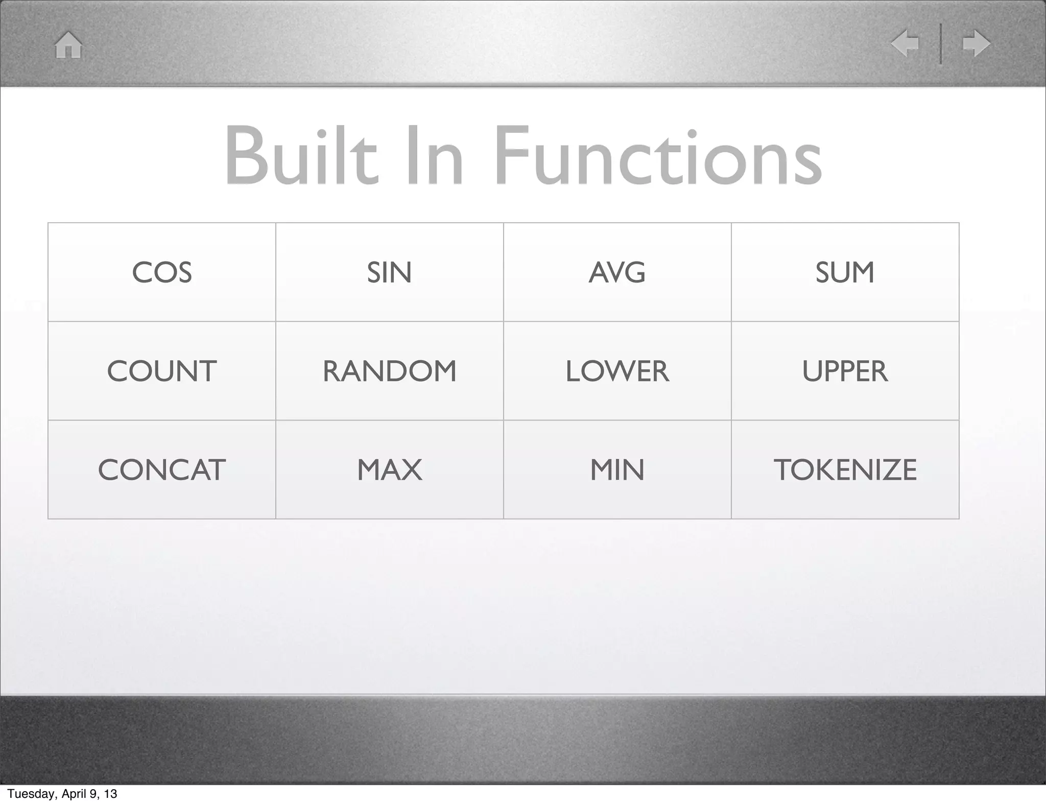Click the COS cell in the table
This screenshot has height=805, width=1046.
point(162,272)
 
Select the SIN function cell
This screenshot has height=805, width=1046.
point(389,272)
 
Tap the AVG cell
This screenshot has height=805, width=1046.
point(617,272)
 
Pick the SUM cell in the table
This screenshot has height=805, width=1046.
point(845,272)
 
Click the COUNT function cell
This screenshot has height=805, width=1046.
point(162,371)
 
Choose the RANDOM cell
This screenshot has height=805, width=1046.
point(389,371)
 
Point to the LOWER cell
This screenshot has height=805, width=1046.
point(617,371)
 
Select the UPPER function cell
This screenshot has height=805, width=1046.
point(845,371)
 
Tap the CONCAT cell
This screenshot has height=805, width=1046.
point(162,470)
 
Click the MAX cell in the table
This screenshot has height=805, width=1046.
point(389,470)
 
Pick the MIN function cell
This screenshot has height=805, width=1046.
point(617,470)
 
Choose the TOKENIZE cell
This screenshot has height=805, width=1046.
point(845,470)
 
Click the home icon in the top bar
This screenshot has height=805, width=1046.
point(68,45)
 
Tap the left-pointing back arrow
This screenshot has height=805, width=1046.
point(905,43)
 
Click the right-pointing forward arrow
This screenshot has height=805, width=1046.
point(976,43)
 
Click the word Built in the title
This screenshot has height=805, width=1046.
point(301,156)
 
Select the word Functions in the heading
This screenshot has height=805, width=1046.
point(658,156)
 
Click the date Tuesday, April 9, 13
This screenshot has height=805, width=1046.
point(62,794)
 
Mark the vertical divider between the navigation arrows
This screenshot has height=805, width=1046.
point(941,43)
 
